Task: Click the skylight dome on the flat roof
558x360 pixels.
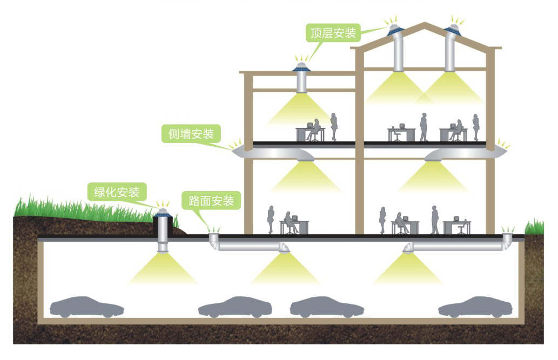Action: pyautogui.click(x=300, y=67)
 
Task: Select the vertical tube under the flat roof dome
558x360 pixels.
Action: pyautogui.click(x=301, y=82)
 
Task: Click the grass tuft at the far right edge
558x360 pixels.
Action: pyautogui.click(x=535, y=225)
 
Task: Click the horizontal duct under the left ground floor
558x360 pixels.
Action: pyautogui.click(x=249, y=246)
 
